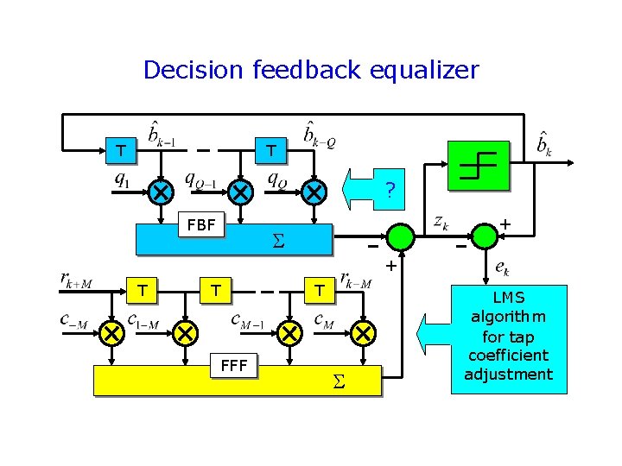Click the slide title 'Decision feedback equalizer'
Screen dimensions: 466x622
click(311, 70)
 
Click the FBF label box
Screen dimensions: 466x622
click(201, 225)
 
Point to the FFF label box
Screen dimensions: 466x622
click(234, 367)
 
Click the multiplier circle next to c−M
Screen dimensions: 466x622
click(111, 332)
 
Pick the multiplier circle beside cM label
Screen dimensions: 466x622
click(364, 332)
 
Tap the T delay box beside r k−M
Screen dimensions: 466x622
click(318, 292)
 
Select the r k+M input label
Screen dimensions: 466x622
click(76, 280)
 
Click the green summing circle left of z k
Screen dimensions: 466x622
click(400, 236)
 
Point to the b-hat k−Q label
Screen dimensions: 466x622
click(319, 135)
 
